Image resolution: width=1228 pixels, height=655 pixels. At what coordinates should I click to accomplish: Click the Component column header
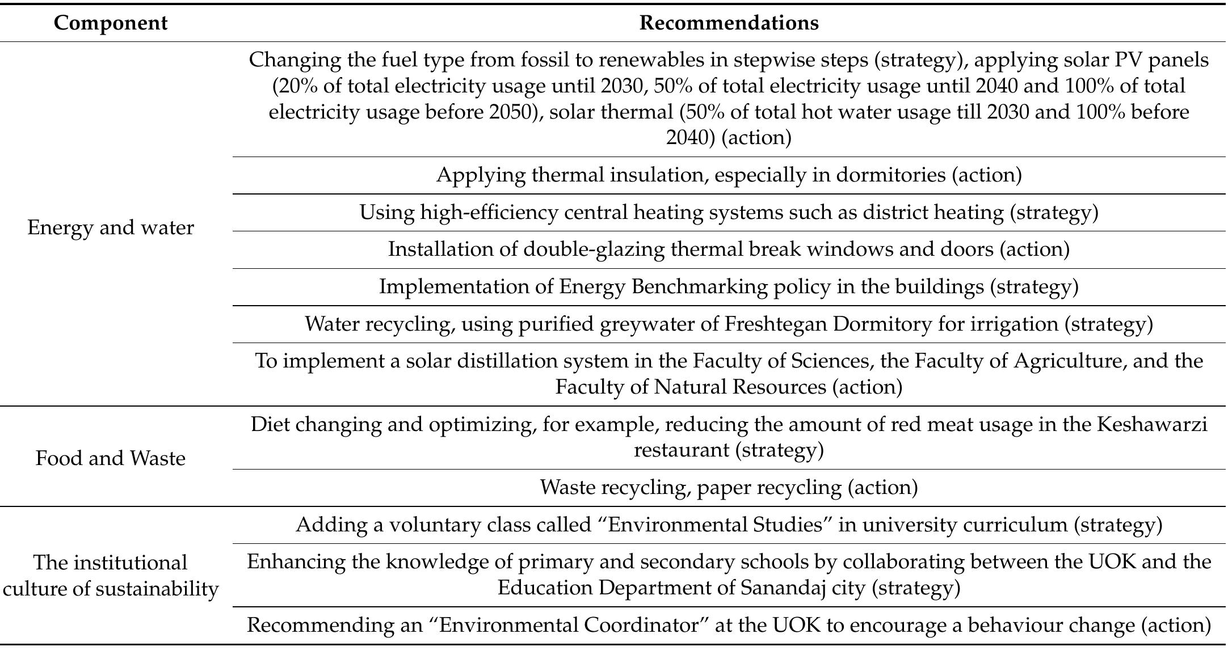[x=111, y=23]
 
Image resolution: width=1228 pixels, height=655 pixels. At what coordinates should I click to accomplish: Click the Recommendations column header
[x=729, y=23]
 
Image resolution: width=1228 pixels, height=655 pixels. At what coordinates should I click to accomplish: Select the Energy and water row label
[x=111, y=227]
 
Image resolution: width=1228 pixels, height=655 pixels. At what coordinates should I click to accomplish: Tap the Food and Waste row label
[x=111, y=458]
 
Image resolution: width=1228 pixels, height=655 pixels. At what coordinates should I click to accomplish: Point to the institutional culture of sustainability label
[x=111, y=576]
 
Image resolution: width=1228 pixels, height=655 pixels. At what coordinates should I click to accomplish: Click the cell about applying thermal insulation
[x=729, y=175]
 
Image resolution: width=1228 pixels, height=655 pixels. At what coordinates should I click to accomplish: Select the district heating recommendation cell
[x=729, y=213]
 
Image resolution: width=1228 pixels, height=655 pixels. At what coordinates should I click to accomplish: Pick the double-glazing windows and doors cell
[x=729, y=250]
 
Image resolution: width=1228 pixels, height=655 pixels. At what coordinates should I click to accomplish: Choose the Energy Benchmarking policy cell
[x=729, y=287]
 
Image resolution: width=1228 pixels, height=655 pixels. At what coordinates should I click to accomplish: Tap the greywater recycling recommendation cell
[x=729, y=324]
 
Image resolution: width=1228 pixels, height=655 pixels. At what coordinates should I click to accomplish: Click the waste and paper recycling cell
[x=729, y=487]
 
